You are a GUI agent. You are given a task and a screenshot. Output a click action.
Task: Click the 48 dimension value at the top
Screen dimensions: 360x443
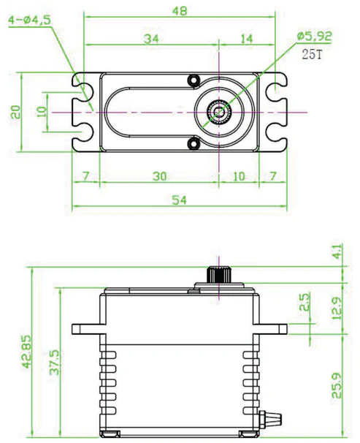tap(180, 11)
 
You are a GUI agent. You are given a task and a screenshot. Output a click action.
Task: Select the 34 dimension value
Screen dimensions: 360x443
tap(151, 39)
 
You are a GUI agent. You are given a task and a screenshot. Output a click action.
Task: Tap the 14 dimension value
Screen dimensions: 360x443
tap(247, 39)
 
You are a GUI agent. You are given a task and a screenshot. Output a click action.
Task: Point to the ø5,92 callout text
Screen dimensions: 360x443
tap(314, 36)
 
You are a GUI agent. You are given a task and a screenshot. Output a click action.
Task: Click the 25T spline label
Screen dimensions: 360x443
tap(312, 54)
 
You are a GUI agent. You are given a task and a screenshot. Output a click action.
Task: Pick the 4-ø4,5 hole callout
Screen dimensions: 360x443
tap(30, 20)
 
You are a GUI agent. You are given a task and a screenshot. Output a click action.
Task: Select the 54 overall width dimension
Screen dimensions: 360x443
tap(180, 200)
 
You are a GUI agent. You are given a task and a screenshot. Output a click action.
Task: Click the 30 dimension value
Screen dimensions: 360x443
tap(160, 176)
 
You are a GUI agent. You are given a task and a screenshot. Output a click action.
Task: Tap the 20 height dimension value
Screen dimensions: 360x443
tap(15, 112)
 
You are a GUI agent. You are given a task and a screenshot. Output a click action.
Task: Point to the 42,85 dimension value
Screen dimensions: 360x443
tap(27, 352)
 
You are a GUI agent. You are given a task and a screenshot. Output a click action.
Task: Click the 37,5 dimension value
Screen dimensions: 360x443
tap(55, 363)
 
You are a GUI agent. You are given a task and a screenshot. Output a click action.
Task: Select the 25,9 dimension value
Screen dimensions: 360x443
tap(337, 385)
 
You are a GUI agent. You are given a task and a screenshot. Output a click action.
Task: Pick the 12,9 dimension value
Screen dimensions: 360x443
tap(337, 308)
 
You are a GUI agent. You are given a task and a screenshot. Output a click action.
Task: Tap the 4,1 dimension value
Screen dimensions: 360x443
tap(337, 251)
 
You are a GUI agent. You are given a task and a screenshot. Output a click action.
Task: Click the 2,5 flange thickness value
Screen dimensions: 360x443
tap(305, 302)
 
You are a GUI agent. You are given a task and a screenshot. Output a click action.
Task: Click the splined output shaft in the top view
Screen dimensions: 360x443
tap(219, 112)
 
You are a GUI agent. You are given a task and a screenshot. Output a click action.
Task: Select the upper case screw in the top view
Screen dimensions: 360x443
tap(194, 80)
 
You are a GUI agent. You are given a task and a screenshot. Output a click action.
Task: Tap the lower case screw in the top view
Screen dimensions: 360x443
tap(194, 143)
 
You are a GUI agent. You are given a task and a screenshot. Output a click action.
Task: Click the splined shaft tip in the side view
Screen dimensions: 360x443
tap(219, 274)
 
